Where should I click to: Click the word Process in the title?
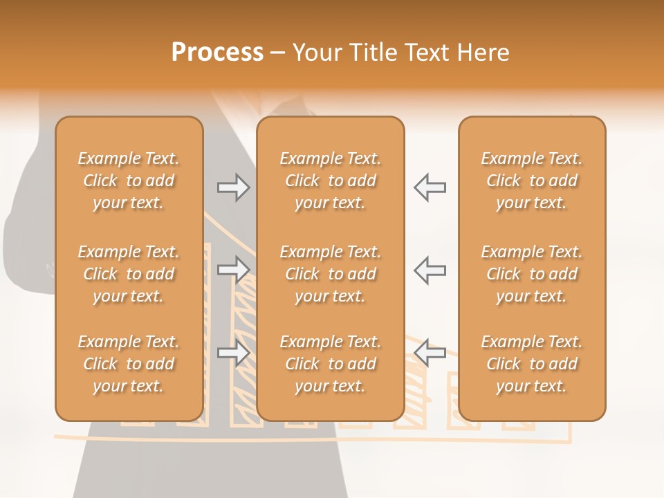pos(217,53)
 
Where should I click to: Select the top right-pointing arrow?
pos(234,187)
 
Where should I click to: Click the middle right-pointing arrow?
pos(234,270)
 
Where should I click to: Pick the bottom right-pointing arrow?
pos(234,353)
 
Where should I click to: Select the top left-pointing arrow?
pos(430,187)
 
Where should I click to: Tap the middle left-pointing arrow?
pos(430,270)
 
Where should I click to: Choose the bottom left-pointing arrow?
pos(430,353)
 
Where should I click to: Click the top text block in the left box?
pos(129,181)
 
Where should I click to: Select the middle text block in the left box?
pos(129,274)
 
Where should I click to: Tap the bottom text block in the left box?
pos(129,364)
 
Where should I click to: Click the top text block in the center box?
pos(331,181)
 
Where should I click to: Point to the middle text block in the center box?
pos(331,274)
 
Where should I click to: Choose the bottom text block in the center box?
pos(331,364)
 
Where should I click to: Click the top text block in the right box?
pos(532,181)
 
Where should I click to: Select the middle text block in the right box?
pos(532,274)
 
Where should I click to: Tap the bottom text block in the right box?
pos(532,364)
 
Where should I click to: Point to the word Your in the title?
pos(315,53)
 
